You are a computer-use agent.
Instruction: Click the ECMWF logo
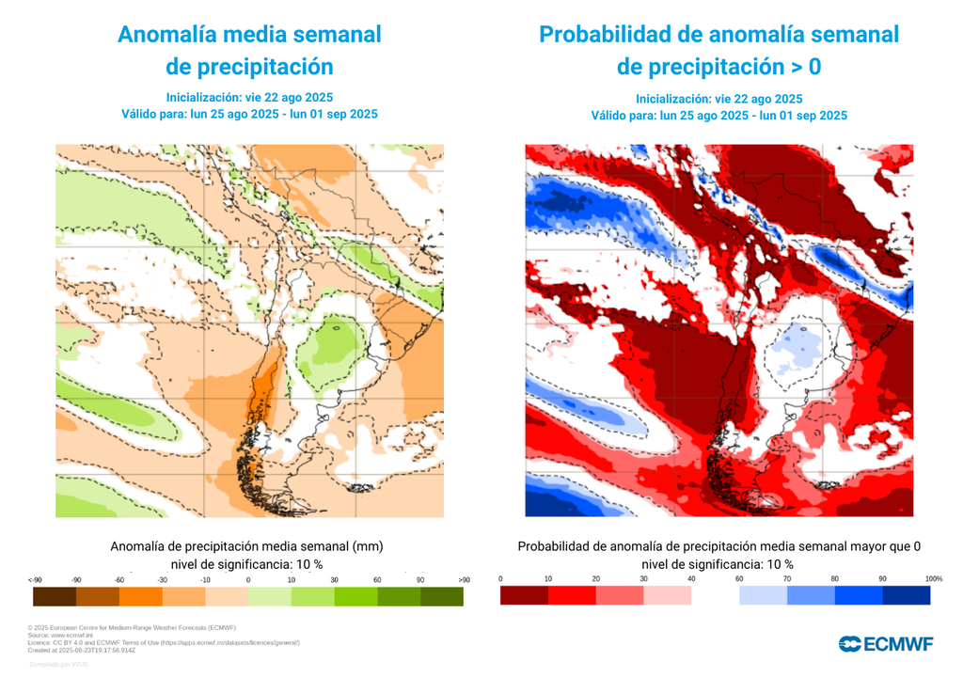pos(886,644)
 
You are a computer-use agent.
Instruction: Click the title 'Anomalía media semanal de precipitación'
pos(249,51)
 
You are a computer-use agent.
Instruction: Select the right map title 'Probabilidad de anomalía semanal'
pos(718,36)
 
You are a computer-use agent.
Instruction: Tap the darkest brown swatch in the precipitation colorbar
pos(54,596)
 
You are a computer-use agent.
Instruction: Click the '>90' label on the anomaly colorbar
pos(463,580)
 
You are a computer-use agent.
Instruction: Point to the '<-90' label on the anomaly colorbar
pos(35,580)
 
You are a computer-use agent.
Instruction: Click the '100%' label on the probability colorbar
pos(933,579)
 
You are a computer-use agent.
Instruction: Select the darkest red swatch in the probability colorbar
pos(524,595)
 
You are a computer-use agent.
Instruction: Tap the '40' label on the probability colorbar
pos(691,579)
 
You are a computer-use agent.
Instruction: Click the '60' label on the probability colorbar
pos(739,579)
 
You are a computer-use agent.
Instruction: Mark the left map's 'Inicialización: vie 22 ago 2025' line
pos(249,97)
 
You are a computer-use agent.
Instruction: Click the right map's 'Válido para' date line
pos(718,116)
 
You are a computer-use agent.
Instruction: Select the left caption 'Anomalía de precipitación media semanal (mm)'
pos(246,545)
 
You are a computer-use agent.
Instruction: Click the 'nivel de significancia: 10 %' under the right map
pos(718,564)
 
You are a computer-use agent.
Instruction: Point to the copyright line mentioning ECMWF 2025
pos(132,627)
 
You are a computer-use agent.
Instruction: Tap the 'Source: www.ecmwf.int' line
pos(61,635)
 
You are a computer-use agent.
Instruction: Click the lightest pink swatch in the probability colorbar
pos(668,595)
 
